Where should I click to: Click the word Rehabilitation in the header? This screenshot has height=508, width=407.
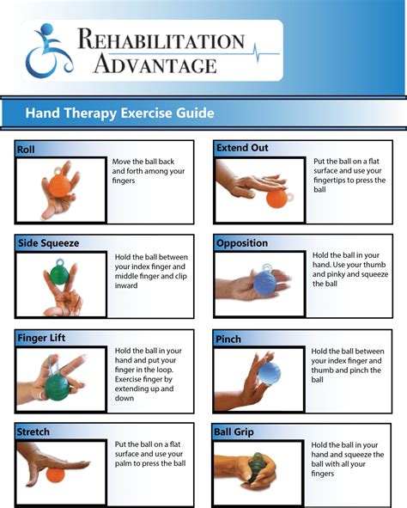point(161,40)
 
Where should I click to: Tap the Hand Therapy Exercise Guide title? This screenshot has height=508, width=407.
point(119,113)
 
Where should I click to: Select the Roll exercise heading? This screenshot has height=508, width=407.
point(26,150)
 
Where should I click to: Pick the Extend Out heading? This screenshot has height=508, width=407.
point(242,148)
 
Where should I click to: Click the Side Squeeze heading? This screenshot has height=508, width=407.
point(48,243)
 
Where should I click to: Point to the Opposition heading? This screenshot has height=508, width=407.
point(243,243)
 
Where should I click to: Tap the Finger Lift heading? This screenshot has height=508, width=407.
point(41,338)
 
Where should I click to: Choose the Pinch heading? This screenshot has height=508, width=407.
point(229,338)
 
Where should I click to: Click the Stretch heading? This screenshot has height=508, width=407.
point(33,431)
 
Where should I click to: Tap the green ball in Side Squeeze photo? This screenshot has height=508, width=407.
point(61,274)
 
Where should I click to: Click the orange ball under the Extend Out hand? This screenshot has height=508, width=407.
point(277,198)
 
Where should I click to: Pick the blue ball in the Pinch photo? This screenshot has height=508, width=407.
point(269,373)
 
